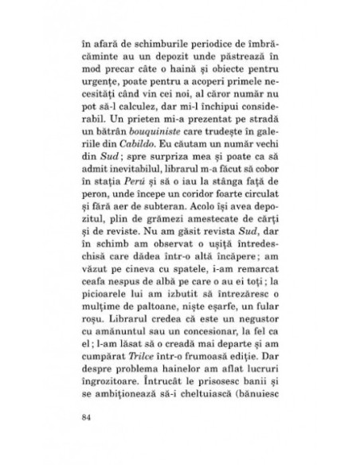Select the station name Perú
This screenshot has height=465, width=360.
click(x=156, y=203)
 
